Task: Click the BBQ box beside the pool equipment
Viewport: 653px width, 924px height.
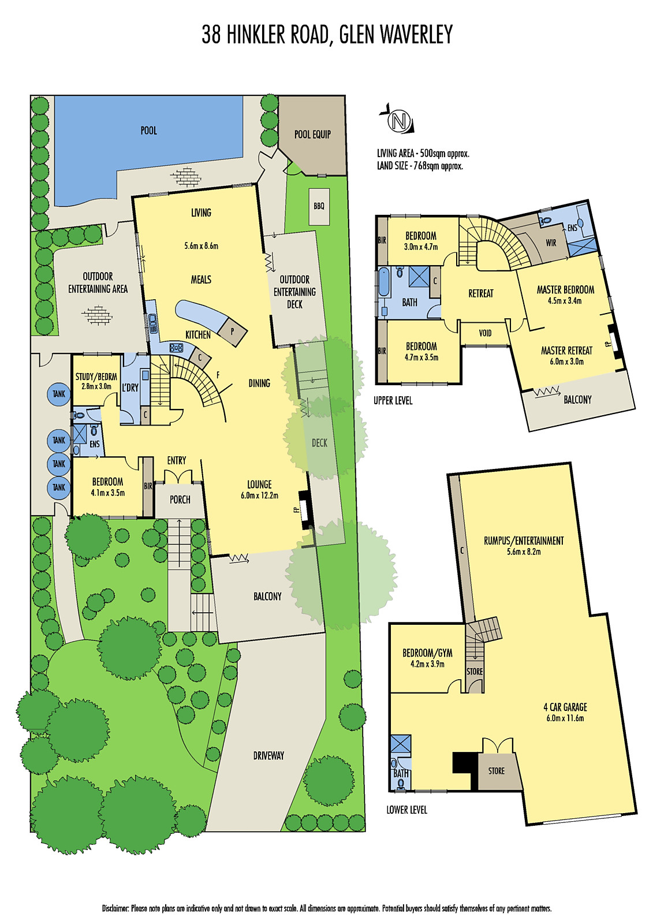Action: pyautogui.click(x=319, y=206)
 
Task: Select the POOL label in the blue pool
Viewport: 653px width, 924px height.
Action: pyautogui.click(x=149, y=131)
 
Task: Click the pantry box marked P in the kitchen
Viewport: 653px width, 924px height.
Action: pyautogui.click(x=232, y=331)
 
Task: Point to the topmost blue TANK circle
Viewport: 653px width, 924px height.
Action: pyautogui.click(x=59, y=394)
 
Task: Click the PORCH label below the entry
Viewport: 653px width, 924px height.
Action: pyautogui.click(x=180, y=500)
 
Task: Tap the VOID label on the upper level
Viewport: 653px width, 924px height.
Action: pyautogui.click(x=485, y=333)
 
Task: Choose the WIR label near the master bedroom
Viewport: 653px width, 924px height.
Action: pyautogui.click(x=551, y=243)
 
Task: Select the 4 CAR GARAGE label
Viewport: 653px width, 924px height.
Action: pyautogui.click(x=565, y=707)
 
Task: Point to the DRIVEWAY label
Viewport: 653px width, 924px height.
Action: pyautogui.click(x=268, y=756)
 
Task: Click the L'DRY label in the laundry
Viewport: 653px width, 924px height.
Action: pyautogui.click(x=130, y=388)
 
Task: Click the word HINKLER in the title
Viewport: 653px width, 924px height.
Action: pyautogui.click(x=256, y=34)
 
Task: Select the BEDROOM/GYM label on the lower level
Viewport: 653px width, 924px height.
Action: pyautogui.click(x=427, y=653)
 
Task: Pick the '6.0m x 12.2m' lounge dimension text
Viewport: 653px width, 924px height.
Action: pyautogui.click(x=259, y=495)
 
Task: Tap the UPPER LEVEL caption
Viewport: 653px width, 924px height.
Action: pyautogui.click(x=393, y=401)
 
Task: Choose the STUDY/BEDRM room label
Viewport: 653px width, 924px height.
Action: pyautogui.click(x=96, y=377)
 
